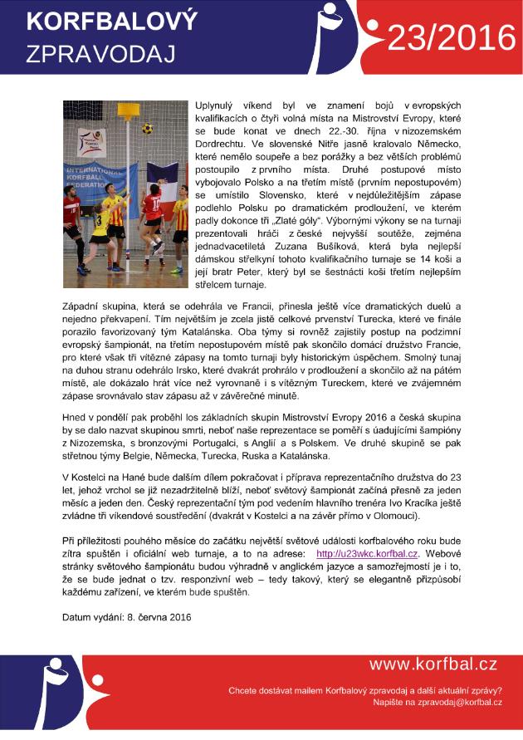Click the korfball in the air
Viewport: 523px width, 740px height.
click(147, 129)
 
